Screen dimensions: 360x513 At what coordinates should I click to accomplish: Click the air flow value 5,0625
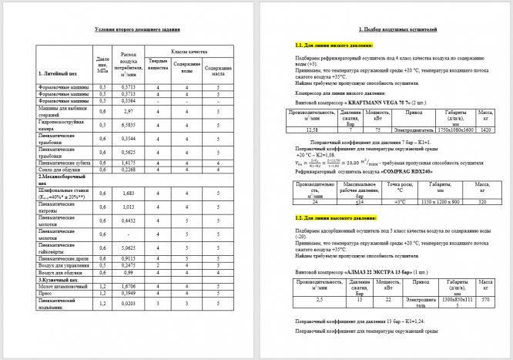click(129, 247)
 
